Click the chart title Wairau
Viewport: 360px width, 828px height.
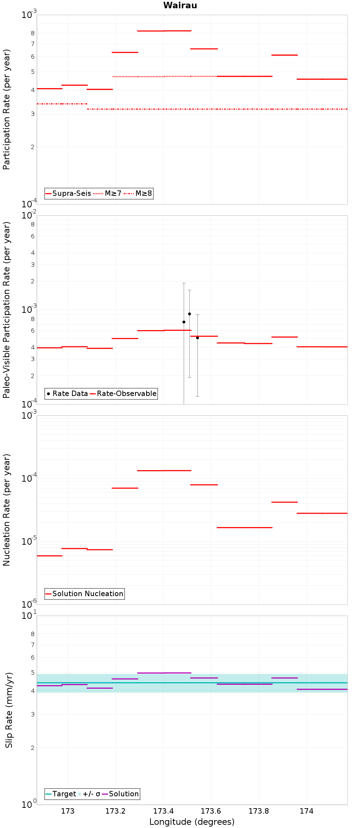point(180,5)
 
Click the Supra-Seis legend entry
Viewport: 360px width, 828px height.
point(68,193)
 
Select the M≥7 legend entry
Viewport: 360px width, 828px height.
point(107,193)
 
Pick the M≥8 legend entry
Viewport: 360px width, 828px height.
point(138,193)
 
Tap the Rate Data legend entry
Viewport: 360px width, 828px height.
point(67,393)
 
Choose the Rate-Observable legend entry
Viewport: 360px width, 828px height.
point(123,393)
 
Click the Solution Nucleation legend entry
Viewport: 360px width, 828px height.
point(84,594)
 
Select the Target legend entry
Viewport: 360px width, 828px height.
point(60,794)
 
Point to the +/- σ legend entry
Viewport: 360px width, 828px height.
point(89,794)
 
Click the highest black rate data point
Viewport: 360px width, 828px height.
point(189,314)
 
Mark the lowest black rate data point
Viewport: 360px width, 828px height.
point(197,338)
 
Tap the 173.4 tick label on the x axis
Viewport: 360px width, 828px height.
point(163,811)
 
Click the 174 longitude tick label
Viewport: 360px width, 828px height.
point(306,811)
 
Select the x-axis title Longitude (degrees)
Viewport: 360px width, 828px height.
point(192,822)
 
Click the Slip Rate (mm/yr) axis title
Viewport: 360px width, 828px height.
point(9,710)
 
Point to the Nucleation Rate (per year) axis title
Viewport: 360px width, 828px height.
point(7,510)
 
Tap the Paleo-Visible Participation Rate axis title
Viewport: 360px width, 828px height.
point(7,310)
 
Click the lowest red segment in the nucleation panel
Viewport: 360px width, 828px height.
point(50,556)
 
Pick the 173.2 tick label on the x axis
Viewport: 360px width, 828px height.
point(116,811)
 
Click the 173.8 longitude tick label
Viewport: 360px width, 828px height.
point(259,811)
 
